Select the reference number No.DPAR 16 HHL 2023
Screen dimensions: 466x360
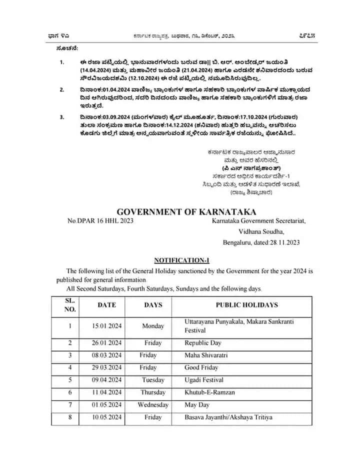tap(100, 220)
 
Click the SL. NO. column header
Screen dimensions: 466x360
tap(70, 304)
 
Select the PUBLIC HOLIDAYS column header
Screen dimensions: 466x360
tap(246, 304)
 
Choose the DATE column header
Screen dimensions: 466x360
tap(106, 304)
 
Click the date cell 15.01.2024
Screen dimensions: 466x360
tap(106, 326)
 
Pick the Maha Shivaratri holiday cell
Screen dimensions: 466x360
tap(205, 355)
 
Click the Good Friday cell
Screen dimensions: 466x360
tap(201, 367)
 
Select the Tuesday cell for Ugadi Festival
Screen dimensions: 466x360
tap(153, 380)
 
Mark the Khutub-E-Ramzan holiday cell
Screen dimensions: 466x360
tap(209, 392)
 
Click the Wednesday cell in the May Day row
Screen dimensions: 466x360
tap(153, 404)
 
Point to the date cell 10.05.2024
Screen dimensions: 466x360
tap(106, 417)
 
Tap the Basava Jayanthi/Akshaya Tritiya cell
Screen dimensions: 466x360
tap(228, 417)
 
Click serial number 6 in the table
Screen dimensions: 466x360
tap(70, 392)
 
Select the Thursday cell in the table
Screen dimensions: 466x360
tap(153, 392)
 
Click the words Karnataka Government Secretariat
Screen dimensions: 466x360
tap(258, 220)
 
